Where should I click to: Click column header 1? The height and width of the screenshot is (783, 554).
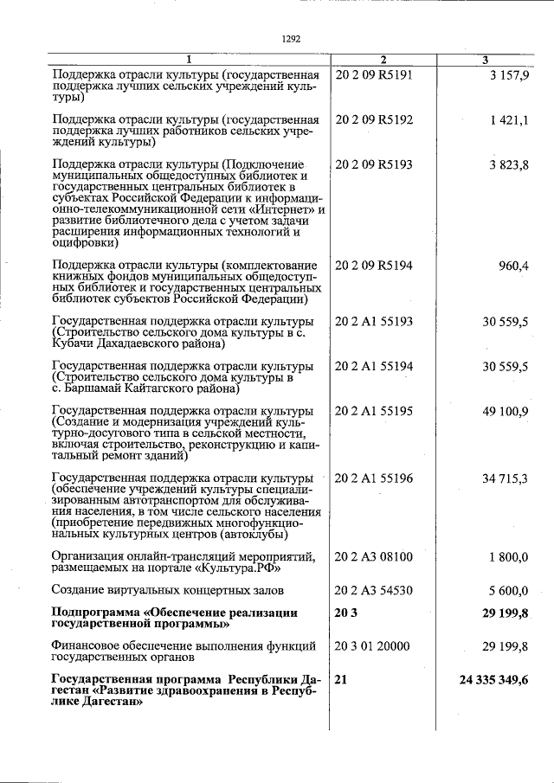tap(190, 59)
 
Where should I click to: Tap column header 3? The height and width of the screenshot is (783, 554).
tap(485, 59)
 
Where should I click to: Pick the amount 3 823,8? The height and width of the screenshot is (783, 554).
tap(510, 164)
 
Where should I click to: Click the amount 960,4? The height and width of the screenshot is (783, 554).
tap(513, 265)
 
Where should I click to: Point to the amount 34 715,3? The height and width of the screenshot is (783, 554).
tap(507, 478)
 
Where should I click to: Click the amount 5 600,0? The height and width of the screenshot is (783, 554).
tap(510, 590)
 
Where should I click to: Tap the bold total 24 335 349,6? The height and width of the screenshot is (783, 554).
tap(493, 680)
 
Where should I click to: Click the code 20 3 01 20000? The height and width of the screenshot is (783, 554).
tap(373, 645)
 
